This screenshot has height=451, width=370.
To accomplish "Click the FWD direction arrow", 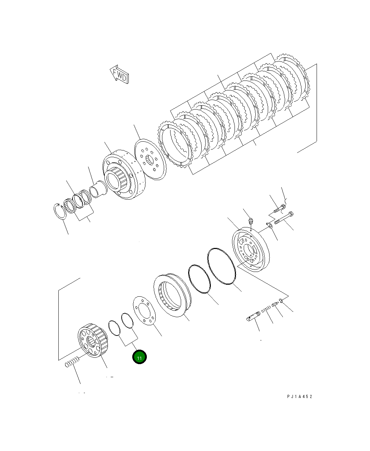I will (x=119, y=75).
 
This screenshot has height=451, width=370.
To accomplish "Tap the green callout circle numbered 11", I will (x=139, y=357).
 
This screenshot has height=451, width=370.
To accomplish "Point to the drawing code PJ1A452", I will (x=300, y=397).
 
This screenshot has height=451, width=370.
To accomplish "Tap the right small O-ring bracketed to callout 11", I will (x=127, y=320).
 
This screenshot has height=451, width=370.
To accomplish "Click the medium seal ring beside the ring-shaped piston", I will (x=200, y=279).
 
